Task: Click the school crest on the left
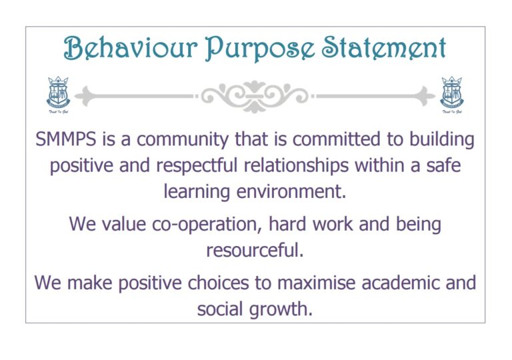pos(58,94)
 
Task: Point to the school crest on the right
pos(453,94)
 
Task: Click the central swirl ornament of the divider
pos(255,97)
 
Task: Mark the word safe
pos(443,165)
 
